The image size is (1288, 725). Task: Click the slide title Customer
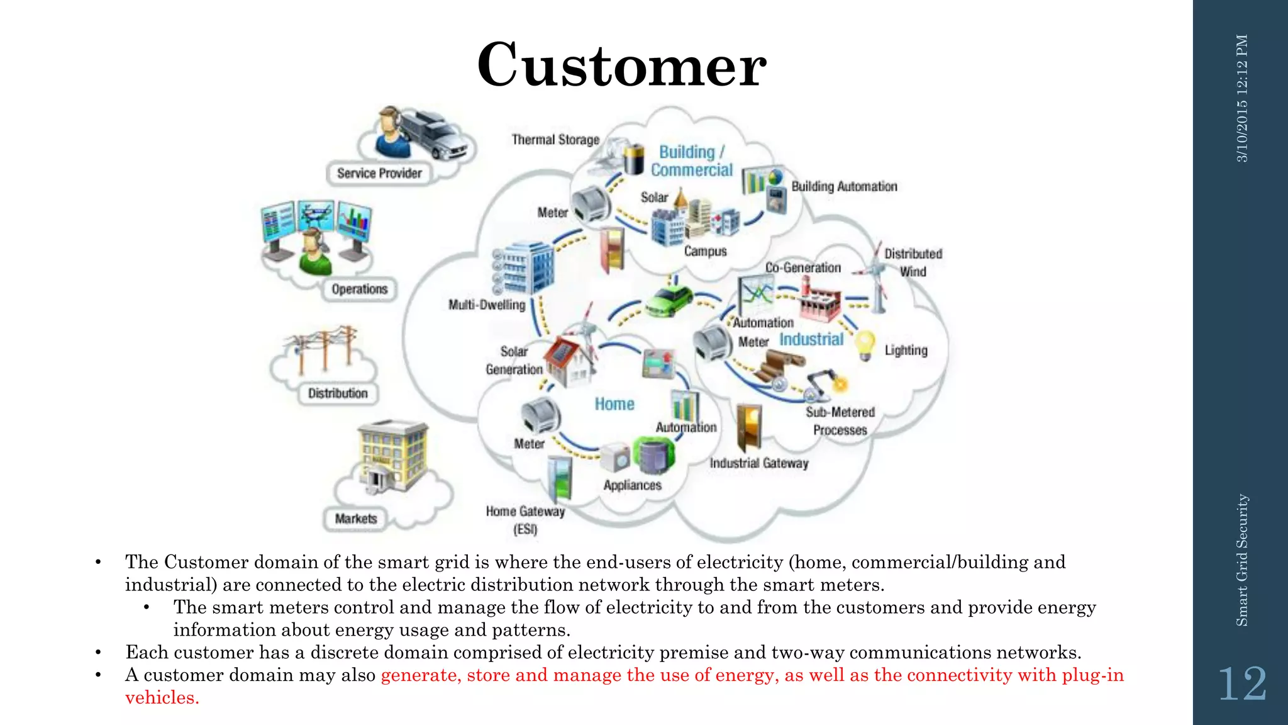pos(621,65)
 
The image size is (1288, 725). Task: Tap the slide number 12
pos(1242,684)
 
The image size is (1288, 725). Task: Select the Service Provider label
pos(379,173)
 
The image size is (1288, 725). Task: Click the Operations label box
pos(360,289)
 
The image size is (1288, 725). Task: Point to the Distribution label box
pos(338,393)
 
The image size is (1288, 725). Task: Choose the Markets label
pos(356,519)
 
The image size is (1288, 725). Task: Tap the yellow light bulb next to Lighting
pos(866,345)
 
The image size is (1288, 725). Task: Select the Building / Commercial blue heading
pos(692,161)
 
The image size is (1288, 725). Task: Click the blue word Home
pos(614,404)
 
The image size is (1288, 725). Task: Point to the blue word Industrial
pos(811,340)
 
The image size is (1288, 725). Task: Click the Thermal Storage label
pos(555,140)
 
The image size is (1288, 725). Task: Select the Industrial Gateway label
pos(759,463)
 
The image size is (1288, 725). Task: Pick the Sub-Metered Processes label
pos(840,421)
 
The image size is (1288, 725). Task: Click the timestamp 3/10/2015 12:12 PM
pos(1242,98)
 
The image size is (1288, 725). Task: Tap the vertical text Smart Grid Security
pos(1242,560)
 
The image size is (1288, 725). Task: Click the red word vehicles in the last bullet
pos(162,698)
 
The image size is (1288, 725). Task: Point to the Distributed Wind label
pos(913,262)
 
